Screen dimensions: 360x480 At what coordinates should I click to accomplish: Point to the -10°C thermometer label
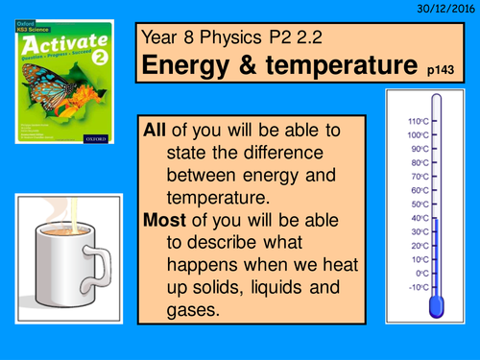click(417, 287)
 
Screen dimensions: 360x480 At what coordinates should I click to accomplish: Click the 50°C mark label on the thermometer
click(418, 204)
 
